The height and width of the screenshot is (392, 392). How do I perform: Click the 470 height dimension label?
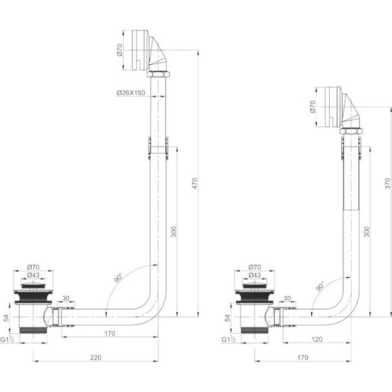[195, 184]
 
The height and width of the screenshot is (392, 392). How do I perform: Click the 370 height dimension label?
[387, 184]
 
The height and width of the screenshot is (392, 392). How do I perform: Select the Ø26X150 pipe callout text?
[130, 93]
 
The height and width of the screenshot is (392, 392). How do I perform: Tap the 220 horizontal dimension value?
[96, 358]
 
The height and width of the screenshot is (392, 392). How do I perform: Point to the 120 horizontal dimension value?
[317, 339]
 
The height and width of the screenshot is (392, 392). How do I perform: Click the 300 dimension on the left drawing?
[174, 232]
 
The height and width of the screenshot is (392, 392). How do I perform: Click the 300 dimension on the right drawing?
[366, 232]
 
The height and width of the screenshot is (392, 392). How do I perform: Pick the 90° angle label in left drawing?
[118, 278]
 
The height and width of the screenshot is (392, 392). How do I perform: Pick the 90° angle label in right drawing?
[320, 287]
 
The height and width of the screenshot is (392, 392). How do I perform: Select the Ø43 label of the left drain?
[33, 275]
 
